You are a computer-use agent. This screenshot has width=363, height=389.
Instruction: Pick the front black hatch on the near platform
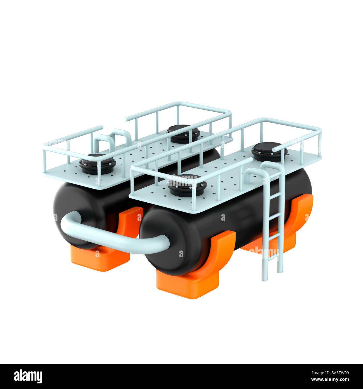[x=187, y=185]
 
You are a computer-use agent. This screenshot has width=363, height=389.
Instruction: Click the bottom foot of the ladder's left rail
[x=264, y=279]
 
